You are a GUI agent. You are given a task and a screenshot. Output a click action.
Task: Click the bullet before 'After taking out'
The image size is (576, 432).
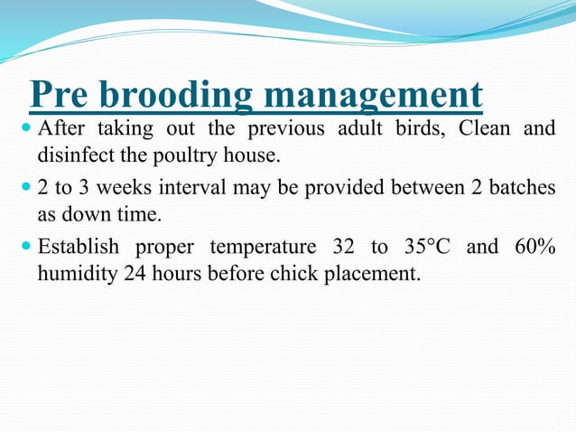coord(24,128)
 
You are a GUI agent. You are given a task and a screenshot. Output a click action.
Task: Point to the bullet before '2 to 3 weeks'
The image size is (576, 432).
coord(24,189)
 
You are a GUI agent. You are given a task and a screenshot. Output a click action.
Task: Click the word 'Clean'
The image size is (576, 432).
coord(484,128)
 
